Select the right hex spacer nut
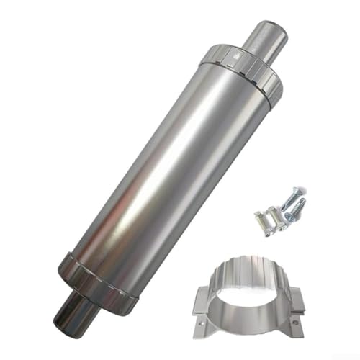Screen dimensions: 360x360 coord(275,220)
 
